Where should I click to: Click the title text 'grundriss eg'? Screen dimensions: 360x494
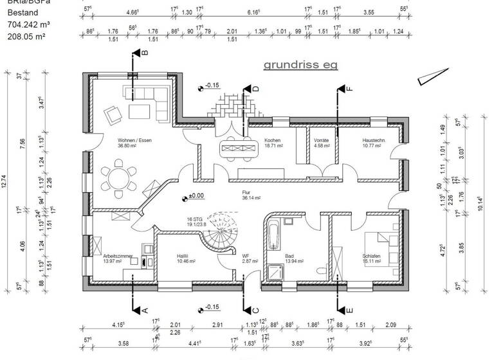(x=300, y=65)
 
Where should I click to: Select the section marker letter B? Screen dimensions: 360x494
(x=144, y=54)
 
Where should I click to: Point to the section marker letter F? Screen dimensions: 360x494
(x=350, y=89)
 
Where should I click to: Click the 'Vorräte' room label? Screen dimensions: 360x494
(x=322, y=140)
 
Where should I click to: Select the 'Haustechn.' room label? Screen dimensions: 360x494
(x=373, y=140)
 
